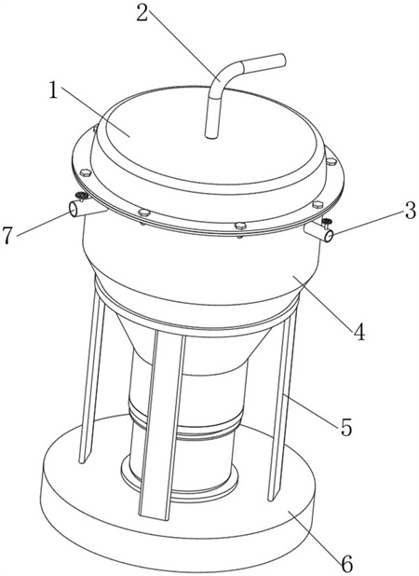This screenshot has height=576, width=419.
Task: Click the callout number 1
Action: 54,89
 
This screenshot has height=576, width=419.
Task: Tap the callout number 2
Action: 142,13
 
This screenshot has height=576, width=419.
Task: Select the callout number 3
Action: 410,212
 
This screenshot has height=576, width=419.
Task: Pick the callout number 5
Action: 346,427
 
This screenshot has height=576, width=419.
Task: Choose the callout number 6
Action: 346,562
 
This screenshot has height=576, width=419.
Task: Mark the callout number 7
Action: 8,236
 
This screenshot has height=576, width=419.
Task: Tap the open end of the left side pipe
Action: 74,210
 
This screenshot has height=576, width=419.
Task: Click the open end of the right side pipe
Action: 329,236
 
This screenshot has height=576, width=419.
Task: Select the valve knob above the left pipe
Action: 82,196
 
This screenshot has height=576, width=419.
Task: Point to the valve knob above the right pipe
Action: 326,221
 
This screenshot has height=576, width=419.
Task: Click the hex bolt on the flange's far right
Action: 331,161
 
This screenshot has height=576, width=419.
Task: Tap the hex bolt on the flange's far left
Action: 85,172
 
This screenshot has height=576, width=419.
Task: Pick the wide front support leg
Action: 160,423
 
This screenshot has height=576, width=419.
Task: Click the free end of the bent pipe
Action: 282,61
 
